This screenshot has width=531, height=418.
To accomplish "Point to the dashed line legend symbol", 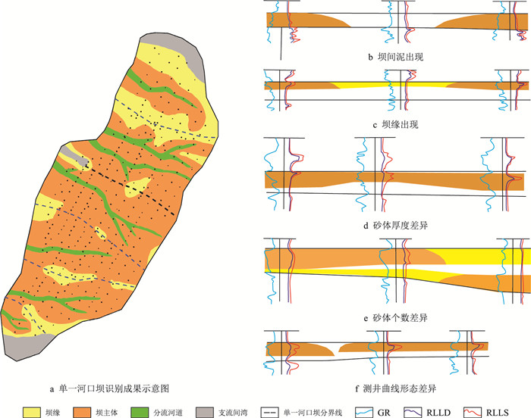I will tap(311, 409).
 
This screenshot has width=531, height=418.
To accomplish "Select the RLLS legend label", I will tap(517, 409).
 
